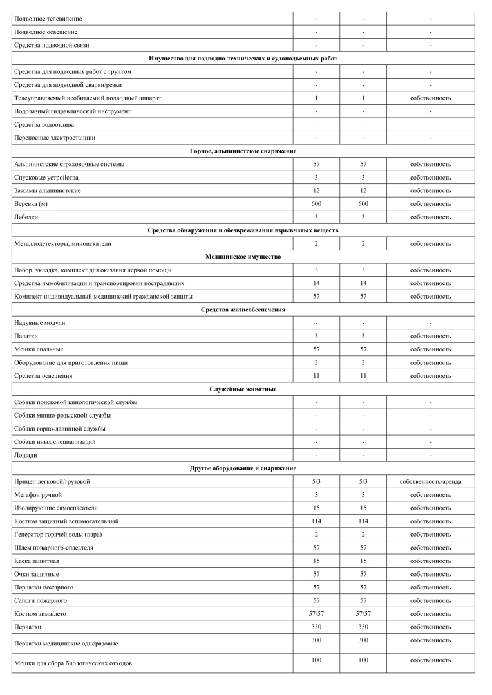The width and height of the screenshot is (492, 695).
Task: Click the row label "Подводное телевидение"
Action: coord(48,19)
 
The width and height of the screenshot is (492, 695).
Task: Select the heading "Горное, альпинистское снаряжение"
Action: coord(243,151)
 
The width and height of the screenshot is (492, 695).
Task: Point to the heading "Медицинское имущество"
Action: coord(243,257)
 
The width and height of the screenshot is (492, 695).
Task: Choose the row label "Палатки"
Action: coord(26,336)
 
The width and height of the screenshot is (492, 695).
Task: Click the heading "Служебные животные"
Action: coord(243,389)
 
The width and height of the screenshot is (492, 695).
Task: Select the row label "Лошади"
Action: coord(26,455)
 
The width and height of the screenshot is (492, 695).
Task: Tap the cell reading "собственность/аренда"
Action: coord(430,481)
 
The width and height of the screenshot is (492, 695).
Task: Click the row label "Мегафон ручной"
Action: coord(37,495)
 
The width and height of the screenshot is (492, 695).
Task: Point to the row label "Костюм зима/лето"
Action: coord(40,614)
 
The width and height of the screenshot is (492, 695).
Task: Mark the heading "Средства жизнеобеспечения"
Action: coord(243,310)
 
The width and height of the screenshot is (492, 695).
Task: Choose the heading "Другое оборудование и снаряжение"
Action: coord(243,468)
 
